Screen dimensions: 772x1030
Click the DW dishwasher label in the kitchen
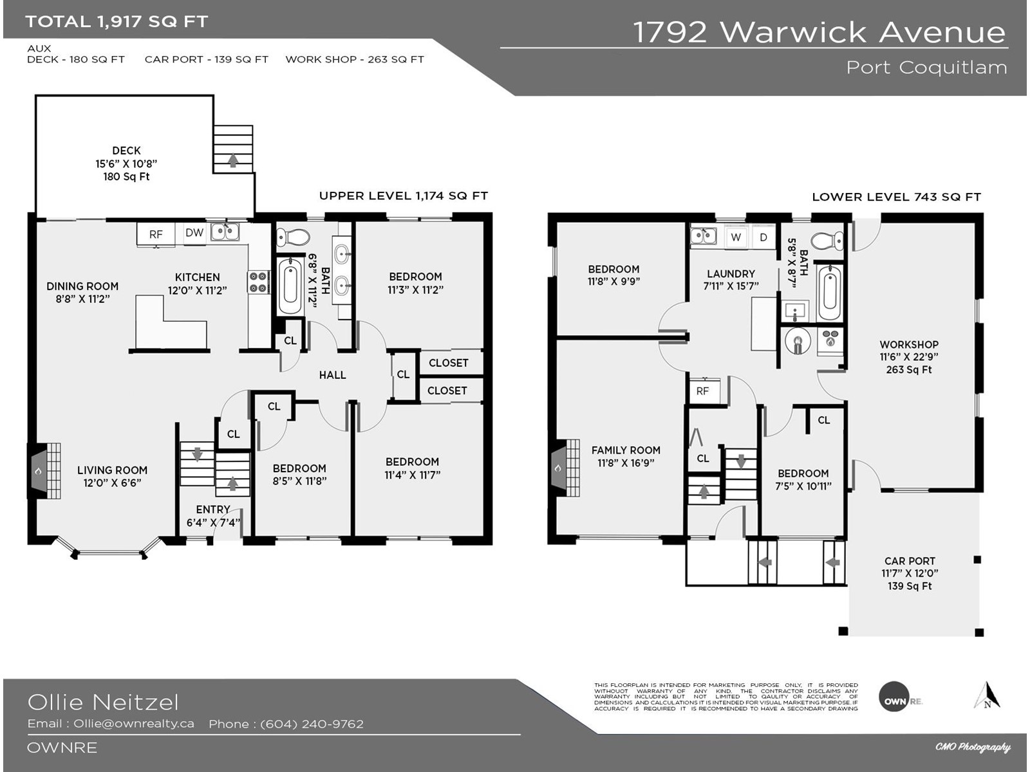point(194,233)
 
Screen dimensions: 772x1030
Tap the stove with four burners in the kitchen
point(259,282)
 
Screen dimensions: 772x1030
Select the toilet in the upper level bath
point(294,237)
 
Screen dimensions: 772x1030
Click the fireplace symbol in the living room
point(39,471)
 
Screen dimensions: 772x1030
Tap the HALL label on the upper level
point(332,375)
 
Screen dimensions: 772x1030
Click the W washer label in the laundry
point(736,237)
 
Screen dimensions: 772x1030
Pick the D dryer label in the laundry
point(763,237)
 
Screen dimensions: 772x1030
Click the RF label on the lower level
point(702,391)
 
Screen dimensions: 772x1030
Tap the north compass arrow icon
point(987,696)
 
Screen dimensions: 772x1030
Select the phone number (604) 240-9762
point(312,724)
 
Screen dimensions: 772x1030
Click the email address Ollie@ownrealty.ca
point(134,724)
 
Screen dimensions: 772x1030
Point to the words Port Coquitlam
point(926,68)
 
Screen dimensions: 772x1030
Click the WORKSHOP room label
point(909,345)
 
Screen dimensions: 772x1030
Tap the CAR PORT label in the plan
point(910,561)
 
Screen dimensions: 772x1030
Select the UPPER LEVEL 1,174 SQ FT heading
point(404,196)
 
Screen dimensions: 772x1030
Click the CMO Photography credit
point(973,747)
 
